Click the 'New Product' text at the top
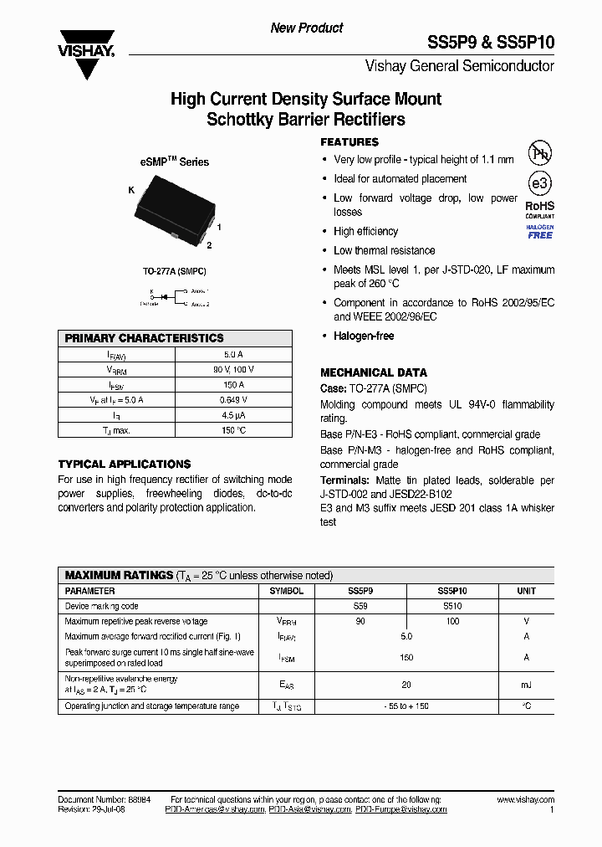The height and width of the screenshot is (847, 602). point(306,28)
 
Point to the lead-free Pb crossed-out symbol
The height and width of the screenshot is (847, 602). point(539,153)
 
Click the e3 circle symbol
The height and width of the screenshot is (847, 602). point(539,184)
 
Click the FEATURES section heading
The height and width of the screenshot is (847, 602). point(349,142)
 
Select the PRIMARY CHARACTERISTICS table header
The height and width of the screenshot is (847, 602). point(145,338)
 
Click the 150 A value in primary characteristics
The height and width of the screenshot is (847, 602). point(233,385)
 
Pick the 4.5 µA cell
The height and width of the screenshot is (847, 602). point(233,415)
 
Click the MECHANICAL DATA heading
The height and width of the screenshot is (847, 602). point(374,372)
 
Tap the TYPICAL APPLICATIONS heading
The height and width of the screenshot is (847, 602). point(124,464)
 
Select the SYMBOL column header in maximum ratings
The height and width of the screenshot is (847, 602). point(287,591)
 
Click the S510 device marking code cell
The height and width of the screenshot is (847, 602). point(451,606)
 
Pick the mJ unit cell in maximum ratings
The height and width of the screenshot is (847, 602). point(526,685)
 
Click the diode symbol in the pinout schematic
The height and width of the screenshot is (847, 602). point(165,295)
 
